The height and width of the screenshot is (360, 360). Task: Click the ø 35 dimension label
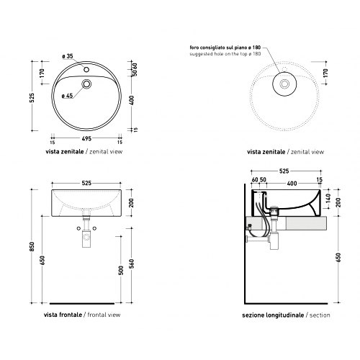coord(68,56)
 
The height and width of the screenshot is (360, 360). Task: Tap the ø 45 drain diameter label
coord(68,96)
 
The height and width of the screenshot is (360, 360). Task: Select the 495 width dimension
coord(86,138)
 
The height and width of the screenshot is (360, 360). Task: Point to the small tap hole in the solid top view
coord(86,70)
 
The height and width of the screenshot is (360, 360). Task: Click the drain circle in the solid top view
coord(86,84)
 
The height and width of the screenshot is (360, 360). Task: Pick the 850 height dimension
coord(32,246)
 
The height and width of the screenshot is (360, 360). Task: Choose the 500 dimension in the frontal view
coord(121,270)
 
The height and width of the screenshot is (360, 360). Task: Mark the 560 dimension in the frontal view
coord(132,264)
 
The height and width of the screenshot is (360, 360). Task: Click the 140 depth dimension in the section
coord(328,198)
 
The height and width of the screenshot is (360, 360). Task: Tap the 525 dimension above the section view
coord(284,171)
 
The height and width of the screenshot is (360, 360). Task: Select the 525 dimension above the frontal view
coord(86,183)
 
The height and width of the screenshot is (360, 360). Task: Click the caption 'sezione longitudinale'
coord(273,315)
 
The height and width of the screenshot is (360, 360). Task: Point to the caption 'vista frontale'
coord(63,315)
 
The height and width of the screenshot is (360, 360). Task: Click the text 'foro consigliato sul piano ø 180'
coord(225,48)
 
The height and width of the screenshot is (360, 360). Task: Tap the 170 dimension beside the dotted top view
coord(325,73)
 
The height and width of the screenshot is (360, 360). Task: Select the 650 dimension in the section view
coord(338,258)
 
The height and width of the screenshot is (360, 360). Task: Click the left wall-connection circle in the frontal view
coord(78,228)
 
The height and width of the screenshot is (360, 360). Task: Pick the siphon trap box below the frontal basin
coord(86,238)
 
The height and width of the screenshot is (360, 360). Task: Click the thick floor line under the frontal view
coord(82,304)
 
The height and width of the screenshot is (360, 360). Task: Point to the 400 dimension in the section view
coord(292,184)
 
